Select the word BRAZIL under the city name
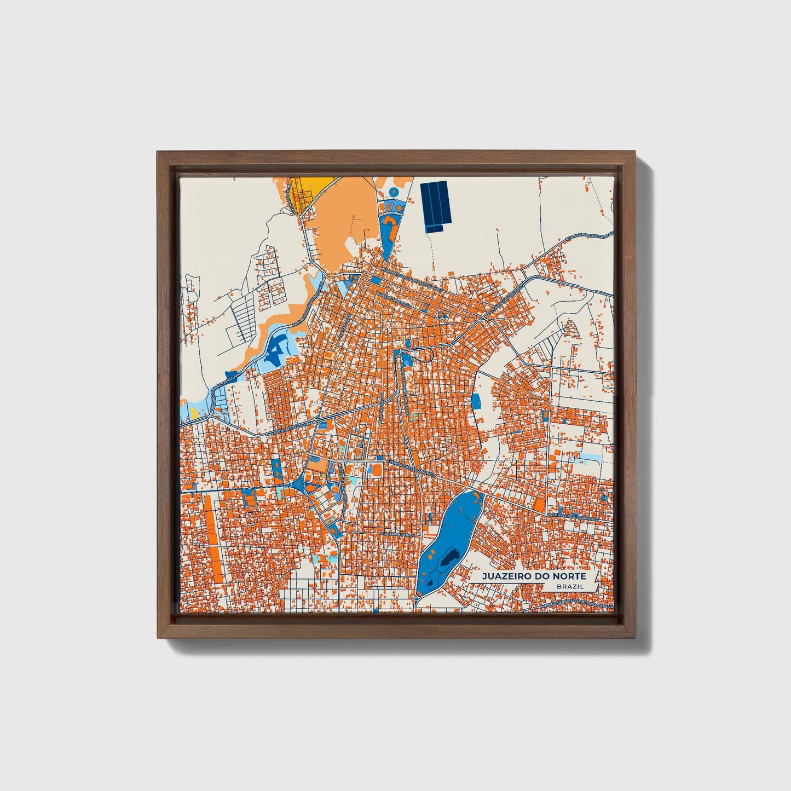[x=569, y=586]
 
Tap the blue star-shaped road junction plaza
[x=299, y=482]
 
